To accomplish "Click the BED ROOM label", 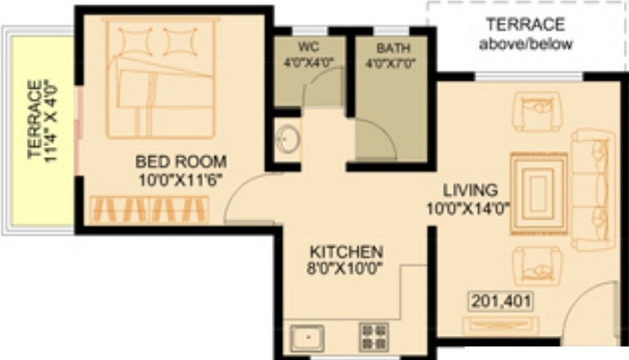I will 180,162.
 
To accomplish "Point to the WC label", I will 308,48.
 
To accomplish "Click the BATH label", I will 393,48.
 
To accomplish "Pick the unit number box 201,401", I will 500,301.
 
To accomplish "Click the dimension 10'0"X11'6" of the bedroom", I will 180,179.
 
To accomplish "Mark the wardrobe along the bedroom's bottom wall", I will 149,208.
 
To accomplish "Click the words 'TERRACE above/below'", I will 526,34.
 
